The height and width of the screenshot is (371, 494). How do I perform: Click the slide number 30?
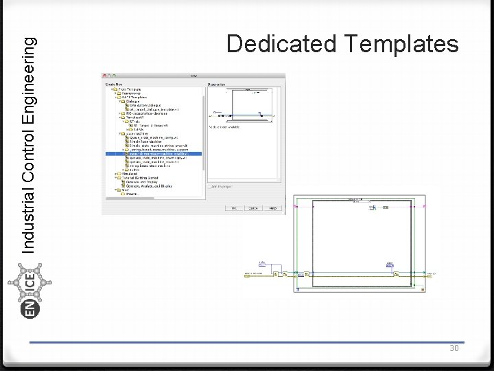pyautogui.click(x=454, y=348)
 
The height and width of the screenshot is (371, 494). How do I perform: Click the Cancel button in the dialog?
pyautogui.click(x=253, y=208)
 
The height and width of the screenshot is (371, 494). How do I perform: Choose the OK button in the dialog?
pyautogui.click(x=233, y=208)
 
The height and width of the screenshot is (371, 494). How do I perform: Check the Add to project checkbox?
pyautogui.click(x=210, y=185)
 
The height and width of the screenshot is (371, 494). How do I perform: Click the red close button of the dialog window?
pyautogui.click(x=104, y=75)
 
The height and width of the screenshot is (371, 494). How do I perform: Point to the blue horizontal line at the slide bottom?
pyautogui.click(x=247, y=342)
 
